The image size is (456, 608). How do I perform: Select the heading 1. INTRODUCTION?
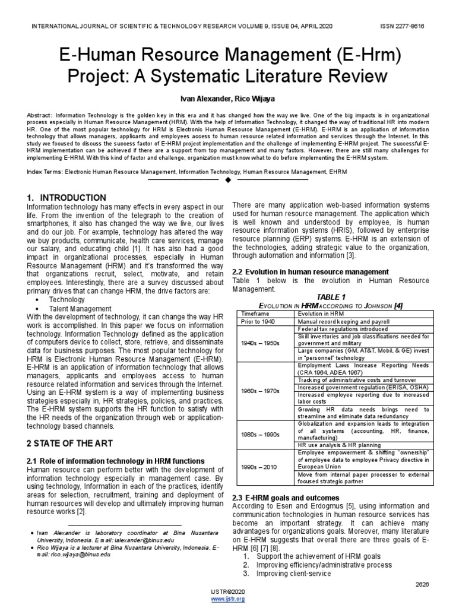click(x=66, y=197)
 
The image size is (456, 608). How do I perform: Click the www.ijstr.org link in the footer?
click(x=227, y=599)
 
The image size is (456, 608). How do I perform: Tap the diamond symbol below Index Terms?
click(x=228, y=180)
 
